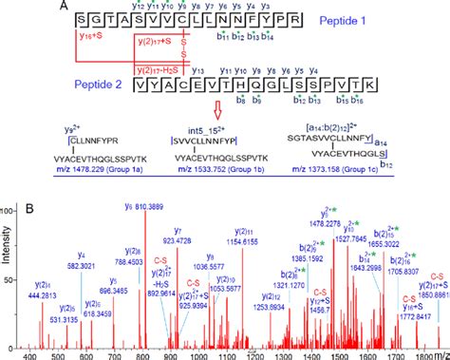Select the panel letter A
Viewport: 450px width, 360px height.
click(x=9, y=8)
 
